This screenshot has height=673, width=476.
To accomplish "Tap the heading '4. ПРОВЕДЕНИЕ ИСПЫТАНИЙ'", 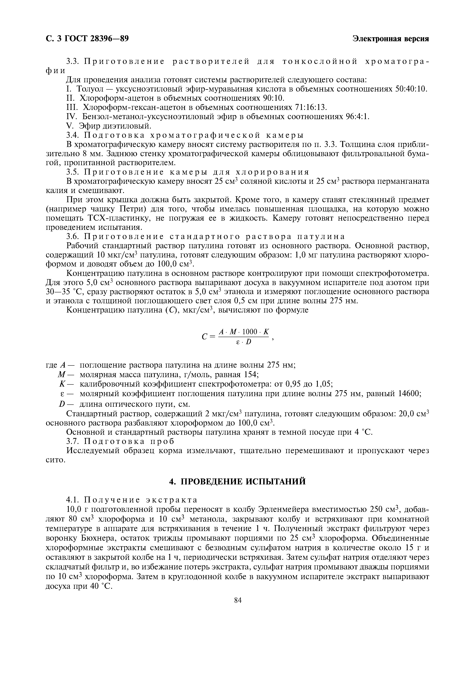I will [x=238, y=481].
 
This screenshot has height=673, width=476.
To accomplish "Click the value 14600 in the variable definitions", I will [x=409, y=394].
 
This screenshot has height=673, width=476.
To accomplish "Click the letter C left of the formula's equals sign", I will [x=205, y=337].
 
